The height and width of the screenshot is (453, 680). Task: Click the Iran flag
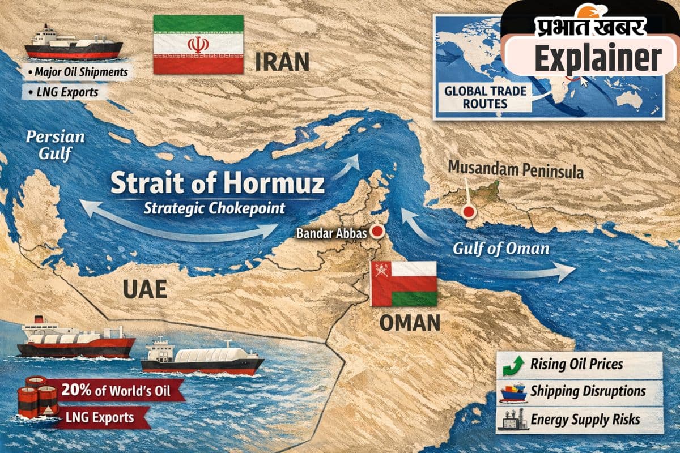pyautogui.click(x=198, y=44)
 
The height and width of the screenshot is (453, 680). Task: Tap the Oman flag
pyautogui.click(x=403, y=284)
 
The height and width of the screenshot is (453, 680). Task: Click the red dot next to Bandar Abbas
pyautogui.click(x=377, y=231)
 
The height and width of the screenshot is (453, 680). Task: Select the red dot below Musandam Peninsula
pyautogui.click(x=468, y=212)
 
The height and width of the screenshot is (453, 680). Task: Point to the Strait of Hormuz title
pyautogui.click(x=218, y=184)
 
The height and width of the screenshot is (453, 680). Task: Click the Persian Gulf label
pyautogui.click(x=55, y=145)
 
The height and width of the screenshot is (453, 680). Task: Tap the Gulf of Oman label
pyautogui.click(x=501, y=249)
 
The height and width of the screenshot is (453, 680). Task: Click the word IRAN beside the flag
pyautogui.click(x=282, y=61)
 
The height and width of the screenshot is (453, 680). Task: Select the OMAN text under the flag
pyautogui.click(x=410, y=323)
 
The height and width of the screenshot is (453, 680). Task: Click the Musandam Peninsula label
pyautogui.click(x=515, y=168)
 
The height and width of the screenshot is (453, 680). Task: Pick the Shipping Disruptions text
pyautogui.click(x=588, y=391)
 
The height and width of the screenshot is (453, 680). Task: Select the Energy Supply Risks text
pyautogui.click(x=585, y=420)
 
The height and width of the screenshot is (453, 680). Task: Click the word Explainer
pyautogui.click(x=598, y=57)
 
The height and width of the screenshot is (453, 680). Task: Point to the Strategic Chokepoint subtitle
pyautogui.click(x=214, y=207)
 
